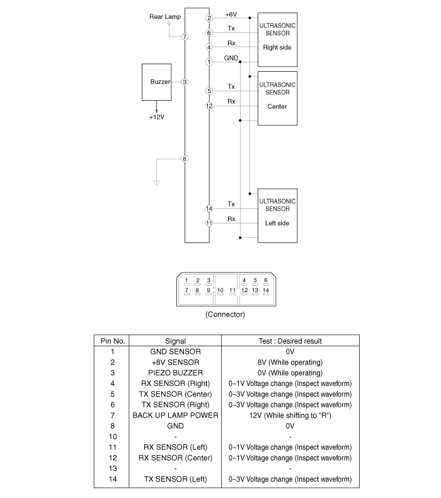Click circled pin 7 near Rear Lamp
click(x=185, y=37)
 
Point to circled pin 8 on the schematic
click(x=185, y=159)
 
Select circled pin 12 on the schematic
click(x=209, y=106)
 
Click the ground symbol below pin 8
click(x=156, y=183)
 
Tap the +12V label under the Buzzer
click(x=157, y=117)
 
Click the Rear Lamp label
click(x=165, y=16)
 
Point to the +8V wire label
click(x=231, y=14)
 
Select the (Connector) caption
click(x=225, y=314)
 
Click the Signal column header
click(x=175, y=341)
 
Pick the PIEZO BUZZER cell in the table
click(x=175, y=373)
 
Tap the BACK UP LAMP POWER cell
click(x=175, y=416)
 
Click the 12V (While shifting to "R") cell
click(x=290, y=416)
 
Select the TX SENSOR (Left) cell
click(x=175, y=479)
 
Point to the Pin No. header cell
click(x=113, y=341)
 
